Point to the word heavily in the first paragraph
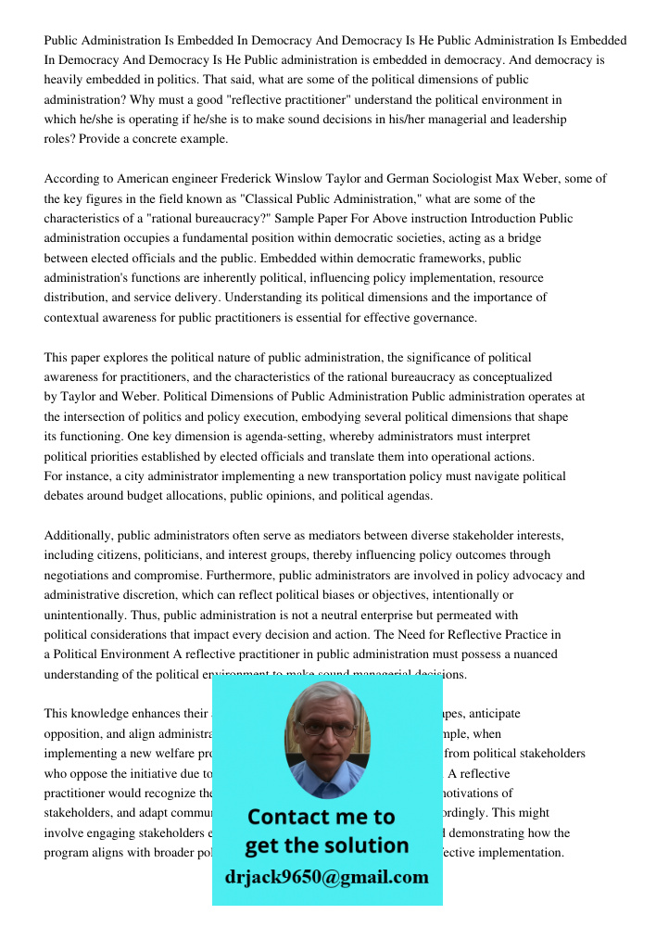pyautogui.click(x=64, y=81)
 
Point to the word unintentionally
pyautogui.click(x=90, y=615)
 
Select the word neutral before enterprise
pyautogui.click(x=296, y=615)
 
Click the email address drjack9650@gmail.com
pyautogui.click(x=326, y=877)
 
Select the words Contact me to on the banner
pyautogui.click(x=321, y=817)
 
